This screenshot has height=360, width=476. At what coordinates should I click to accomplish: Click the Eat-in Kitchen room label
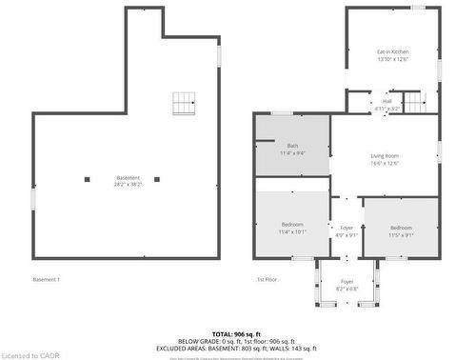click(x=392, y=55)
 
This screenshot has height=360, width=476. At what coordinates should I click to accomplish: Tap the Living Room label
click(x=385, y=159)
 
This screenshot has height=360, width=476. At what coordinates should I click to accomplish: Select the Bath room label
click(x=292, y=149)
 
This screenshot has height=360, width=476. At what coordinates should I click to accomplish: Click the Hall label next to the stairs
click(x=387, y=105)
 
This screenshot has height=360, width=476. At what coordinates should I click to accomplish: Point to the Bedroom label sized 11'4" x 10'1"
click(x=292, y=228)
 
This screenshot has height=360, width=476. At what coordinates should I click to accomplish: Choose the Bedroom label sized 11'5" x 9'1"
click(x=401, y=230)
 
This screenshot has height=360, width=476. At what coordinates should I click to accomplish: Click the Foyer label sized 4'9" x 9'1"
click(x=347, y=230)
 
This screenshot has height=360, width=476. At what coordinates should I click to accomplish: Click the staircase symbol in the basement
click(x=184, y=103)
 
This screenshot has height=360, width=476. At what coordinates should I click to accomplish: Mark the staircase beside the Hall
click(x=412, y=101)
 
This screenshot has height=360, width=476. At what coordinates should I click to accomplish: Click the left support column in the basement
click(x=87, y=178)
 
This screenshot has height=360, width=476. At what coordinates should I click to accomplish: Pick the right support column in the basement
click(x=157, y=178)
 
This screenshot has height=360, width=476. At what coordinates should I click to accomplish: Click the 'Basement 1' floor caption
click(x=46, y=279)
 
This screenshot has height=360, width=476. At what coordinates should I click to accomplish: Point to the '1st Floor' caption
click(x=266, y=279)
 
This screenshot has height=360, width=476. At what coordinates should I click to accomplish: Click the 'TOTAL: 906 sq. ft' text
click(x=237, y=333)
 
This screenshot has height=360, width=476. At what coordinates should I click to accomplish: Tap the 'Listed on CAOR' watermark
click(x=30, y=354)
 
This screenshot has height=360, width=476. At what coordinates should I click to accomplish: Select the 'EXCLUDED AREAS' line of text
click(x=237, y=348)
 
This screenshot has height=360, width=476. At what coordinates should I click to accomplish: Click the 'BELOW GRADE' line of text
click(x=237, y=341)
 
